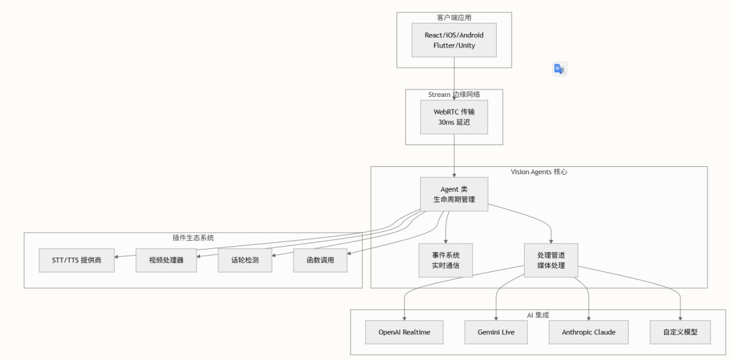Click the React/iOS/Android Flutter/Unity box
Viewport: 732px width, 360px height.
[453, 40]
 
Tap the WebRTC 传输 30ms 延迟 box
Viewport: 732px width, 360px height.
[453, 117]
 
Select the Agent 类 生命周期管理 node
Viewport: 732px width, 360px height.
[453, 194]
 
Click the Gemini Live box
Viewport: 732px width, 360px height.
[497, 332]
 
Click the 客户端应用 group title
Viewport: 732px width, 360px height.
[453, 17]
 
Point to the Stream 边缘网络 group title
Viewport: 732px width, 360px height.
[453, 94]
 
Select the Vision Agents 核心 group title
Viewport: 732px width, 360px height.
[539, 172]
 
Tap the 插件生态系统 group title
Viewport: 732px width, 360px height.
[193, 238]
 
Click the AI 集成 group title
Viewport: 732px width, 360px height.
[540, 315]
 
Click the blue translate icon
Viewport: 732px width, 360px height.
[559, 68]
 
